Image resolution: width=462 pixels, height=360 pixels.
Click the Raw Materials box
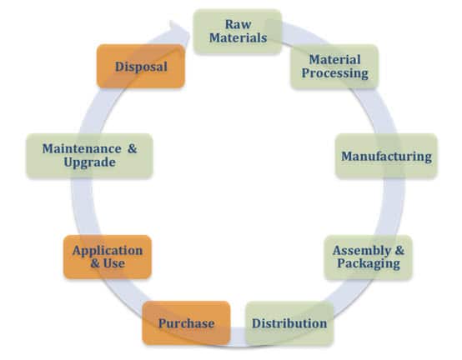238,32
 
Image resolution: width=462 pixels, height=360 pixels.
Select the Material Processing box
334,67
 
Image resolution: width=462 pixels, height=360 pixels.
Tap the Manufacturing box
386,156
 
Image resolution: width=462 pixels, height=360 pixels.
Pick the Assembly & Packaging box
369,257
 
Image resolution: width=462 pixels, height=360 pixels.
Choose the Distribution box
289,322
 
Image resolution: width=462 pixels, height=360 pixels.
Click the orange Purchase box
186,322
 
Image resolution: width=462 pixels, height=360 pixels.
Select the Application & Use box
108,257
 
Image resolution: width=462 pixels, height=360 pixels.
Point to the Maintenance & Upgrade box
89,156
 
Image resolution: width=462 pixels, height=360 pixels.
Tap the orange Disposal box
141,66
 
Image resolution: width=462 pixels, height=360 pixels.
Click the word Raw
238,24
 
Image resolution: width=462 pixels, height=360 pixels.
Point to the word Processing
335,74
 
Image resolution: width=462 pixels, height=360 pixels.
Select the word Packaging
369,263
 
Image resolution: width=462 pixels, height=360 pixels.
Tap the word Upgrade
89,162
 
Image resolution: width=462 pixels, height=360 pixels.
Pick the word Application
108,251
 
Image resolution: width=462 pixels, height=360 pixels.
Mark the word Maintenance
82,148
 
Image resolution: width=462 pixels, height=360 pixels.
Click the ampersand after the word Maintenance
133,148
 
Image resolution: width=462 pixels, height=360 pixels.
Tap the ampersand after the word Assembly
399,250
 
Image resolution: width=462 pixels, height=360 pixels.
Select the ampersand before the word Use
95,263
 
